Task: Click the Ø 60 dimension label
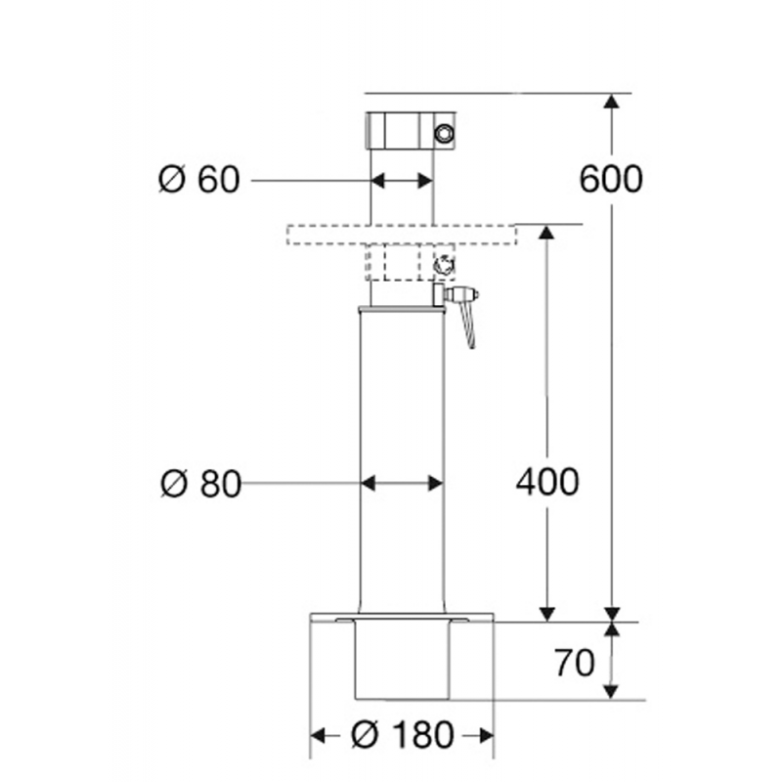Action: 198,180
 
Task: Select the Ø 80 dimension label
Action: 199,484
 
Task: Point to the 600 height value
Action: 611,179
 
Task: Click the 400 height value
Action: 547,482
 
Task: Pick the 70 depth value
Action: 574,664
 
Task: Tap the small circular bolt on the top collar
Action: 446,133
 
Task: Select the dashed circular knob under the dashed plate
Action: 443,263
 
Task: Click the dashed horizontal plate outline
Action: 401,235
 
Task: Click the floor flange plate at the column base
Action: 402,618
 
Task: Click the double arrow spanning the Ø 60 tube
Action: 401,180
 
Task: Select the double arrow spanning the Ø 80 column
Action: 402,483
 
